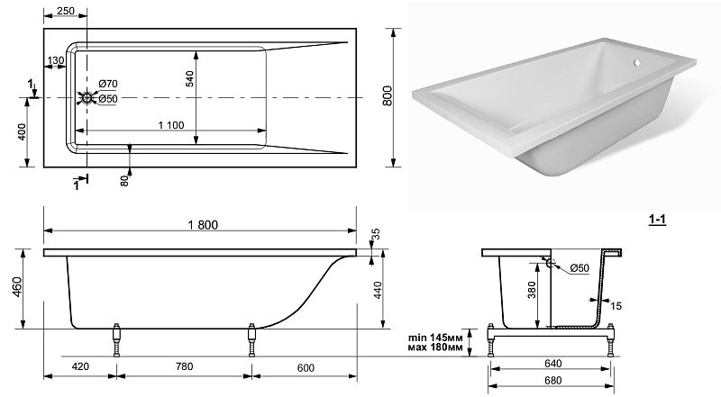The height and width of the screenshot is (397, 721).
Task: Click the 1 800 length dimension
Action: pyautogui.click(x=203, y=225)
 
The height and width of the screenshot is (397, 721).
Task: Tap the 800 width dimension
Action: pyautogui.click(x=388, y=95)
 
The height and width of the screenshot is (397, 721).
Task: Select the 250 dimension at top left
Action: pyautogui.click(x=66, y=11)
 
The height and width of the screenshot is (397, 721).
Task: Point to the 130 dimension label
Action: pyautogui.click(x=56, y=60)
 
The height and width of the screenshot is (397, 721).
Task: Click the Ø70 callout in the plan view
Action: pyautogui.click(x=108, y=84)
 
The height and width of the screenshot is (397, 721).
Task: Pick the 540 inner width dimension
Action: pyautogui.click(x=189, y=78)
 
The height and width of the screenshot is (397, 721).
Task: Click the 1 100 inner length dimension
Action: pyautogui.click(x=171, y=125)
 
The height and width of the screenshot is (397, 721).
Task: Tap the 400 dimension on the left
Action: pyautogui.click(x=21, y=131)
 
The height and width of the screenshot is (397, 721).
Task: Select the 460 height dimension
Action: pyautogui.click(x=17, y=286)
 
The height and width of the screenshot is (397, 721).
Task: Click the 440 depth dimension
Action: pyautogui.click(x=378, y=291)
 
